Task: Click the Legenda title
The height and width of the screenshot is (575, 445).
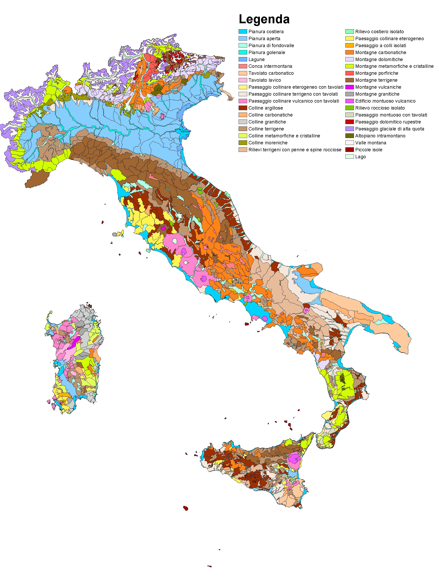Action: click(264, 19)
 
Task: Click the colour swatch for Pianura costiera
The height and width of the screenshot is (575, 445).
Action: click(243, 32)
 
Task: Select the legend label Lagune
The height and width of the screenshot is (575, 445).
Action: click(256, 59)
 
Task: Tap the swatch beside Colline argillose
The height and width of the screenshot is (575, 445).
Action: click(243, 108)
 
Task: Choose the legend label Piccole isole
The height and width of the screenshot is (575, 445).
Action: click(368, 150)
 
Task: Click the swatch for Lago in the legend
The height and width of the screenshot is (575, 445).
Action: click(349, 157)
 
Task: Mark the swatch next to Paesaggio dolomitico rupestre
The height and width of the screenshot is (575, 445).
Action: click(349, 122)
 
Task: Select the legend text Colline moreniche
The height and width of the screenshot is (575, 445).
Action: click(268, 143)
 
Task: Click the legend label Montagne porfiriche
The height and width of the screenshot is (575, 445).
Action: click(377, 73)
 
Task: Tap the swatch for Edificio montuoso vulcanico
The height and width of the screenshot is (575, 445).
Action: click(349, 101)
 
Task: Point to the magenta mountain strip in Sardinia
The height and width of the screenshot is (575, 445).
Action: click(74, 343)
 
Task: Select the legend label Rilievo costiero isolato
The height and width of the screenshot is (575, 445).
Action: click(379, 32)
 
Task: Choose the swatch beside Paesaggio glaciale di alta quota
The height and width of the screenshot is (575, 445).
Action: click(349, 129)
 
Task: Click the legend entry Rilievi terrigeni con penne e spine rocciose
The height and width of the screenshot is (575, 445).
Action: click(295, 150)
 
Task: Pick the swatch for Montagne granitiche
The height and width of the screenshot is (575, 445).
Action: click(349, 94)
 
